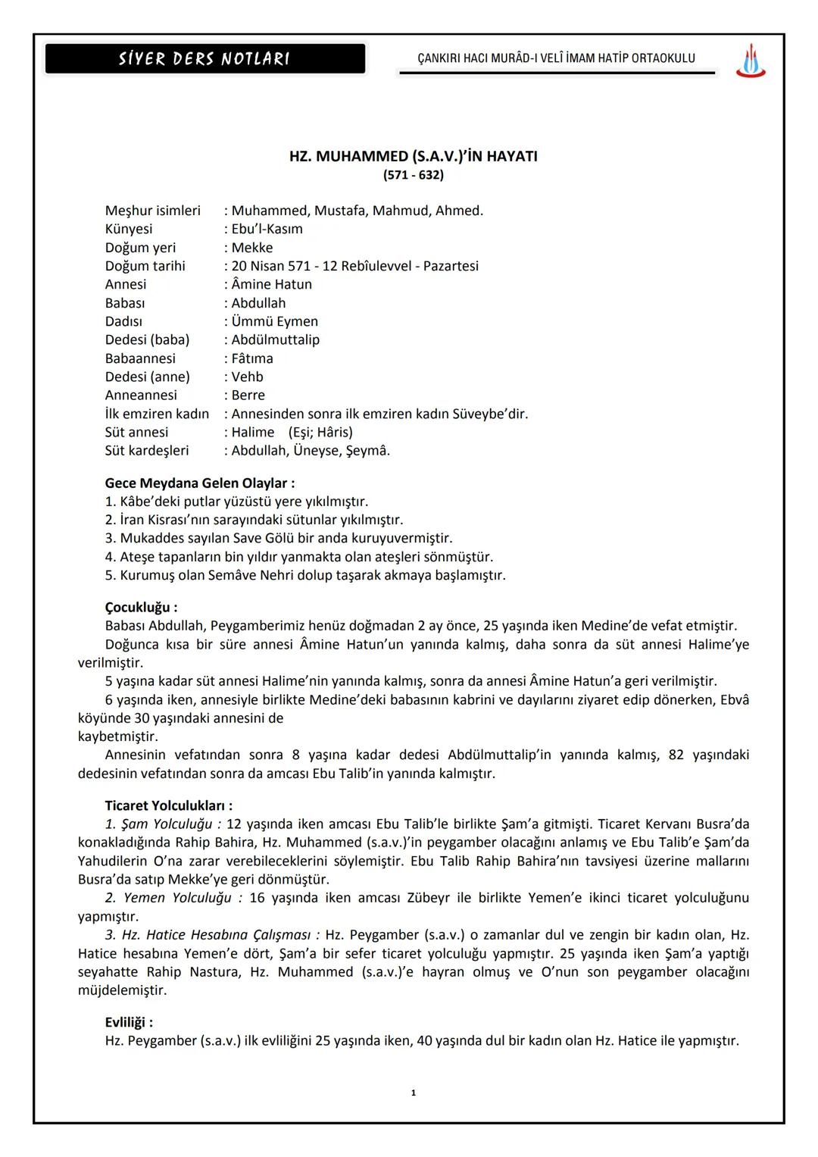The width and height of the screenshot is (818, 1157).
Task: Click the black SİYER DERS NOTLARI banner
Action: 204,59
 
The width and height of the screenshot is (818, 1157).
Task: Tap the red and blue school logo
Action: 750,61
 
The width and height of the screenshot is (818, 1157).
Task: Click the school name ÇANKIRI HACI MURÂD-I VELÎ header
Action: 556,58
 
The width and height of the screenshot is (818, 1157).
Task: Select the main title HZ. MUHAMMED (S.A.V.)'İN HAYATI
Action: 413,157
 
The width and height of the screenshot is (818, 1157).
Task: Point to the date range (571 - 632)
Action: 413,175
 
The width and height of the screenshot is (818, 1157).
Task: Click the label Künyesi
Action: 129,229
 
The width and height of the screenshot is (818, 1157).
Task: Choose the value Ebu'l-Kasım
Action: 267,229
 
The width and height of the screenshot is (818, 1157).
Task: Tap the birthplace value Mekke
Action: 252,248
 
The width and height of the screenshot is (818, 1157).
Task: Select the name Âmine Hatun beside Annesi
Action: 271,284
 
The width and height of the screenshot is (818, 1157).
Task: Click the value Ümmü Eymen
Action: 274,321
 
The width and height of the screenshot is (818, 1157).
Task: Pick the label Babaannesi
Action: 140,358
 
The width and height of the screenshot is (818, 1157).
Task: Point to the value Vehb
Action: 247,377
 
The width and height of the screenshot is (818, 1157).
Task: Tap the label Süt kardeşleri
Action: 147,451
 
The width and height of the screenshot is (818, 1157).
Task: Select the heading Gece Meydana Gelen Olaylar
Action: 199,483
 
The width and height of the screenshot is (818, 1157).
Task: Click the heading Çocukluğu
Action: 141,608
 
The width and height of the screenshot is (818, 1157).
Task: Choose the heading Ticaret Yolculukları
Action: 168,806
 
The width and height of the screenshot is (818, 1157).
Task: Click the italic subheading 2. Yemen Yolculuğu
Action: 168,898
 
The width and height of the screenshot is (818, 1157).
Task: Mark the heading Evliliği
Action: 129,1023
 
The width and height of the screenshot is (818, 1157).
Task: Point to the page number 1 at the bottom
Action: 413,1093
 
